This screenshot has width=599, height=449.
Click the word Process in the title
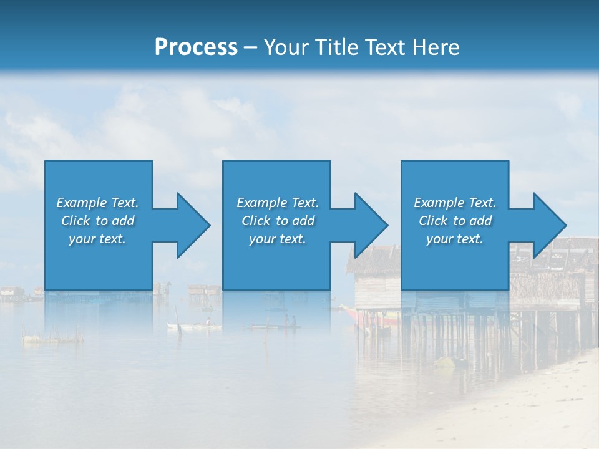[x=196, y=47]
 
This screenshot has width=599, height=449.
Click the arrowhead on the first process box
[x=193, y=225]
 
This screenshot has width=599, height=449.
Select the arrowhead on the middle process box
[x=371, y=225]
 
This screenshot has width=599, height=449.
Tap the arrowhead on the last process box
[x=549, y=225]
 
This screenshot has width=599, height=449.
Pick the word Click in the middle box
[x=255, y=221]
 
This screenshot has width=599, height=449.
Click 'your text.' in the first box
[x=97, y=239]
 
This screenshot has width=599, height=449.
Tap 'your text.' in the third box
[x=455, y=239]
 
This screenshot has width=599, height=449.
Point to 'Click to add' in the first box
[x=97, y=221]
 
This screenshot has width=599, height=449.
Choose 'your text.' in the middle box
[x=277, y=239]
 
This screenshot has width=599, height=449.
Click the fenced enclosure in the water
[x=53, y=338]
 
